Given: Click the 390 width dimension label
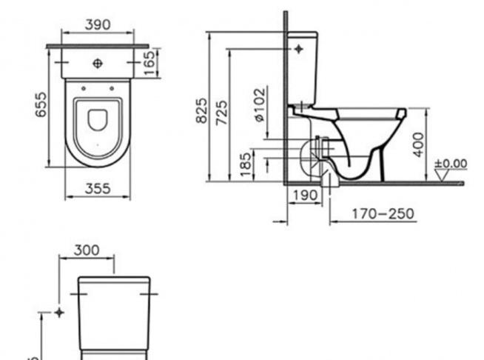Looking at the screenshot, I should point(97,24).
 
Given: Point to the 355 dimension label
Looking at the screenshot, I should point(96,189).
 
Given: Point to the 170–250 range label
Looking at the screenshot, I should point(383,213).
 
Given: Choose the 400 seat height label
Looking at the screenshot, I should point(419,144).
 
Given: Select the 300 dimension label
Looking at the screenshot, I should point(87,250).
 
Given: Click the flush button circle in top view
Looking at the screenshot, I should point(97,64).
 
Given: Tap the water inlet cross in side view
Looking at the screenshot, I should point(299,49).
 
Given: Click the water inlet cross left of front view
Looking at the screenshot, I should point(58,312).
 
